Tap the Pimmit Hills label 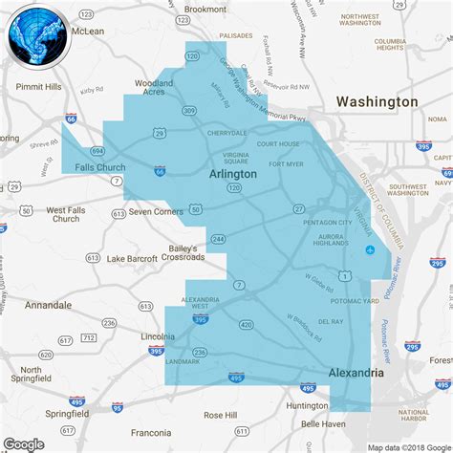click(x=39, y=86)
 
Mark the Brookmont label click(x=205, y=9)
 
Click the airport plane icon click(x=371, y=250)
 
